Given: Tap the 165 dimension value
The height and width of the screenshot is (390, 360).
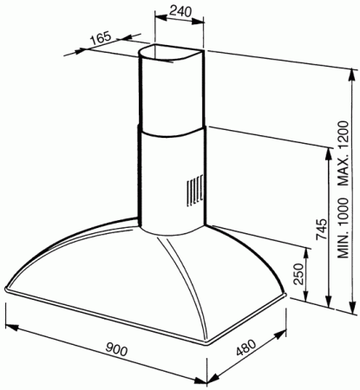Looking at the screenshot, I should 101,39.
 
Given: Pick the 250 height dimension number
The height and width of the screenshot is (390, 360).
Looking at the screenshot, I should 298,276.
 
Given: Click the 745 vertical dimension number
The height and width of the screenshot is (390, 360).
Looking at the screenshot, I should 320,230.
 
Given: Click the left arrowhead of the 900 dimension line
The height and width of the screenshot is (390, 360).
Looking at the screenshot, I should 8,325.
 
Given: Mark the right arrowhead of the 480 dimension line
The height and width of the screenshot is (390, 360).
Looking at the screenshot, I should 287,333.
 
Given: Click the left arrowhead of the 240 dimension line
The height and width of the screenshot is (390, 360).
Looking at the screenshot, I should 156,21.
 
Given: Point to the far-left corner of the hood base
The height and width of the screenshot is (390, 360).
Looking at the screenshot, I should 6,288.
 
